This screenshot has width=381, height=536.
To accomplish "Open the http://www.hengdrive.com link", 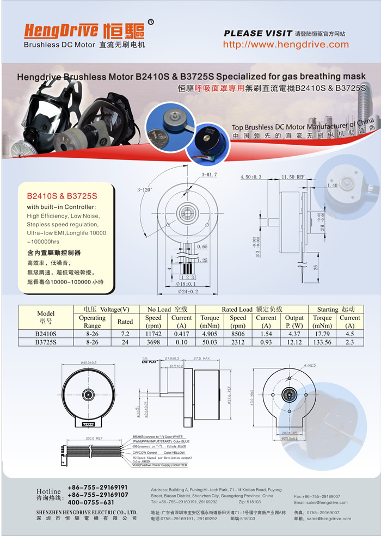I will (x=286, y=45).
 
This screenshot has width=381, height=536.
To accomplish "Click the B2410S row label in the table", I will (x=46, y=334).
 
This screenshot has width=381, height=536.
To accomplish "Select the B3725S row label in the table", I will (x=46, y=342).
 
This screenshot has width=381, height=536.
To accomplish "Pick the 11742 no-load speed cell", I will (x=153, y=334).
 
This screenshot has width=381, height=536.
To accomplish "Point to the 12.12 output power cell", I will (x=294, y=342).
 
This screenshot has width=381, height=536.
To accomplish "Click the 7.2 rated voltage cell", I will (x=125, y=334).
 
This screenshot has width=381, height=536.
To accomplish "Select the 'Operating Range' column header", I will (x=92, y=322).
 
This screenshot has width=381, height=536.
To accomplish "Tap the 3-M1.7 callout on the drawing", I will (x=209, y=175).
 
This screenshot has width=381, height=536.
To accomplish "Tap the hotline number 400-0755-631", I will (x=91, y=502).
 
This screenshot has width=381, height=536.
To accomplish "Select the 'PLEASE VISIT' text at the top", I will (x=258, y=33).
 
